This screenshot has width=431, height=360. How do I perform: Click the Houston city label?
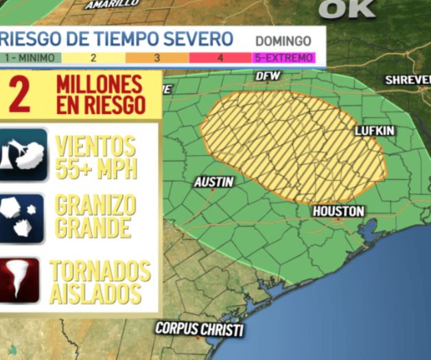(338, 212)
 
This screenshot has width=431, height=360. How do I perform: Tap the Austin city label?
(213, 182)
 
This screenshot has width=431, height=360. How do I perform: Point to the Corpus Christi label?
(199, 329)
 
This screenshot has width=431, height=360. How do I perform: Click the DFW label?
(264, 76)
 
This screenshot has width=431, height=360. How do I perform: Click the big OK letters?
(347, 8)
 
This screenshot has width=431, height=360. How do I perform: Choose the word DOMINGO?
(283, 41)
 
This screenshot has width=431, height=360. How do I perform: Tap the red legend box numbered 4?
(220, 58)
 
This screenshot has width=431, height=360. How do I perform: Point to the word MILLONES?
(100, 85)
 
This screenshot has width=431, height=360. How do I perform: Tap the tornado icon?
(21, 281)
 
